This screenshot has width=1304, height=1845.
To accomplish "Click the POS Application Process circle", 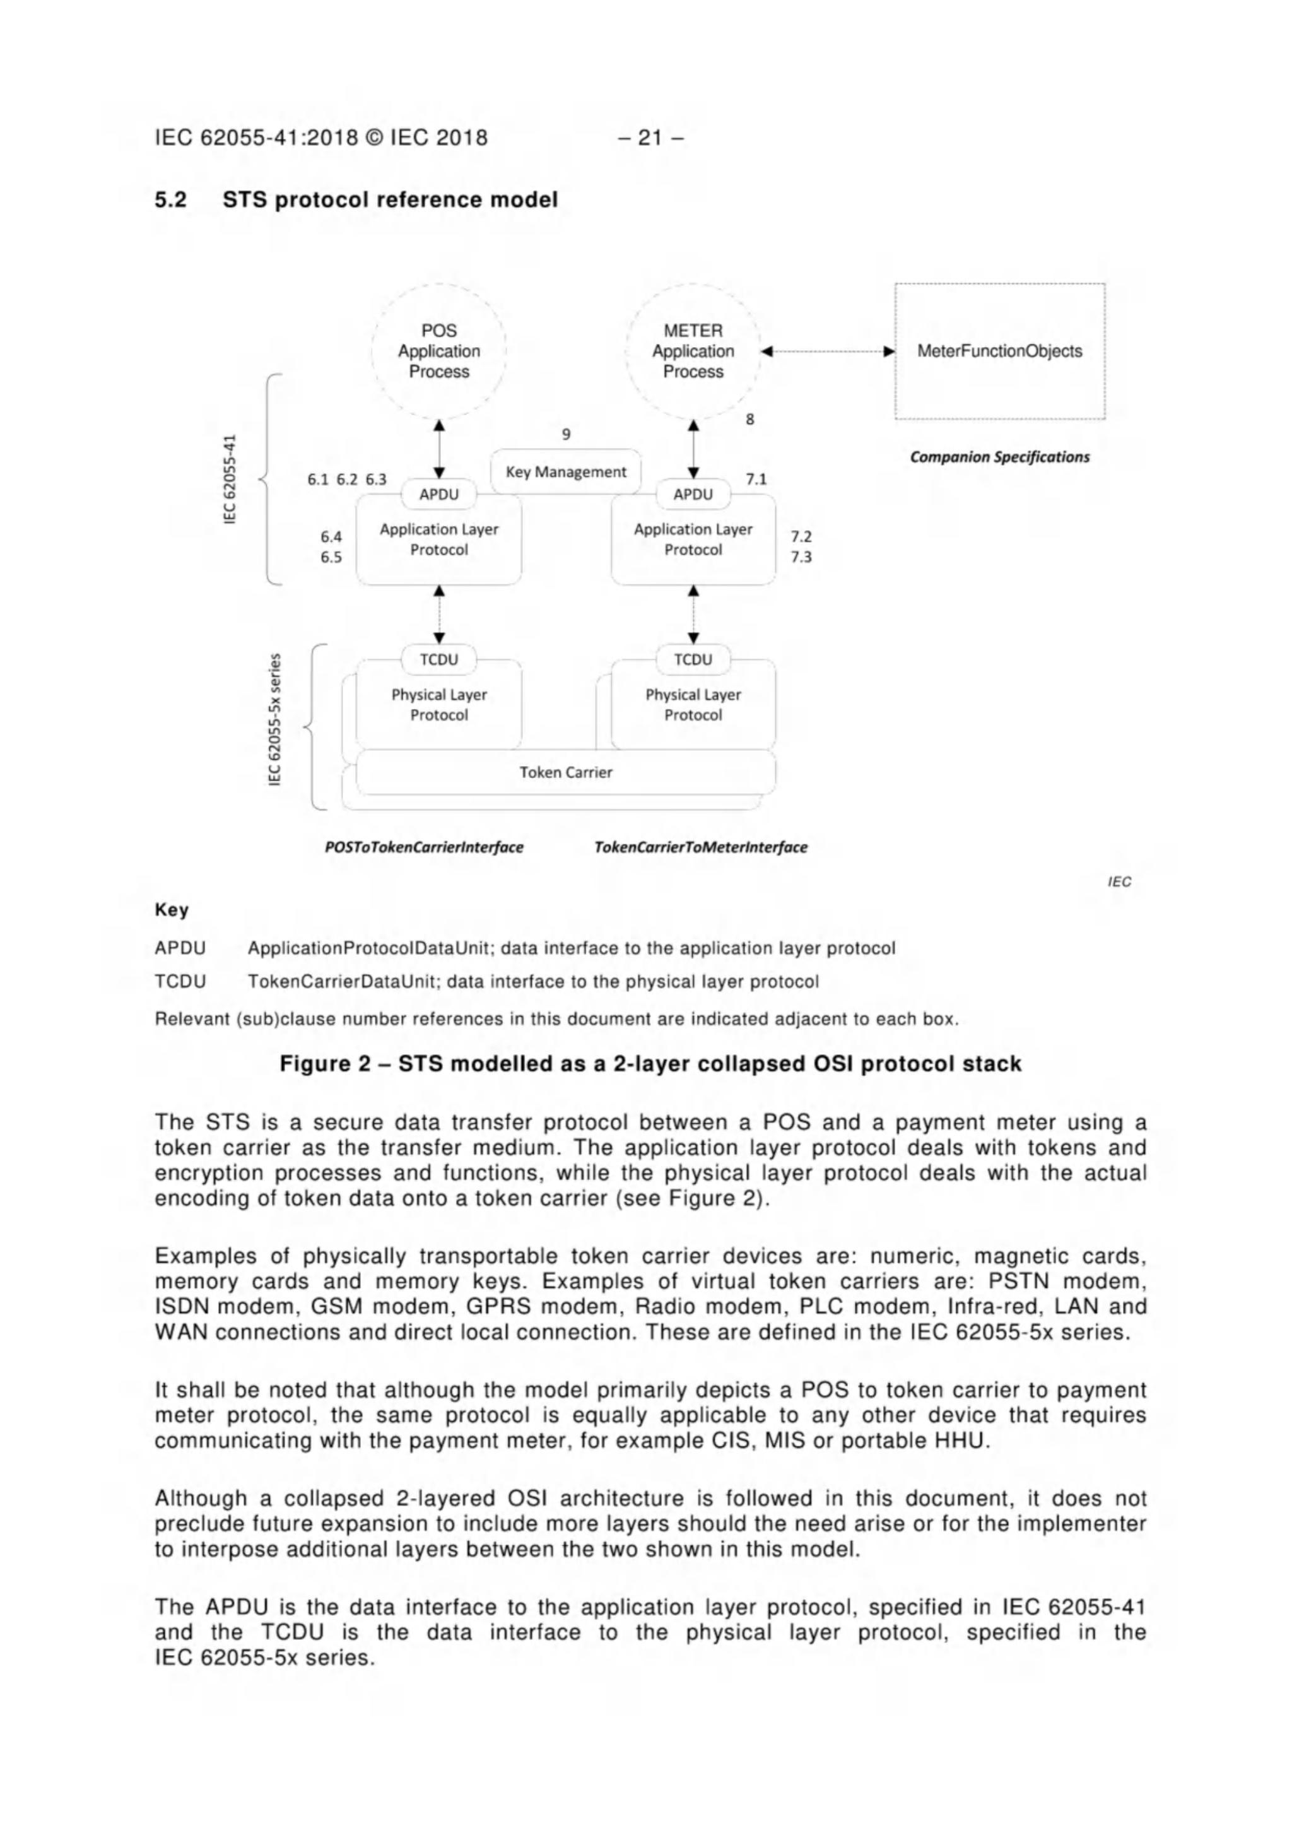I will coord(438,351).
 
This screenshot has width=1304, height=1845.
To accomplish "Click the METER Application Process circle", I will coord(693,351).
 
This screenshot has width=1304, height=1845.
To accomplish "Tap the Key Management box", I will coord(566,472).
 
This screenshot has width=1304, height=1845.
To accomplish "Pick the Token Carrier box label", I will coord(566,772).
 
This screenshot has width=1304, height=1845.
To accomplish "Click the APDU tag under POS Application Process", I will coord(438,494).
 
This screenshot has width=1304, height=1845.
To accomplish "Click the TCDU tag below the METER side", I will coord(693,660).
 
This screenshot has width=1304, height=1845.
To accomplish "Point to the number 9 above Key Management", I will coord(566,435).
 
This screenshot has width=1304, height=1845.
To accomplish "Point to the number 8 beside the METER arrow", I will coord(749,420).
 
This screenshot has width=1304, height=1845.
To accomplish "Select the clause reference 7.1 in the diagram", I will coord(756,480).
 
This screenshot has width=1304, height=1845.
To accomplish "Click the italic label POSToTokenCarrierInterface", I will coord(423,847).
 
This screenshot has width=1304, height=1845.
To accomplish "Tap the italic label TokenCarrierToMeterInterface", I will coord(701,847).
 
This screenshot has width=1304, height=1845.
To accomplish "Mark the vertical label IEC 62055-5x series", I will coord(275,719).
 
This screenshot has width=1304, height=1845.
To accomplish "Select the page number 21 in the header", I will coord(650,138).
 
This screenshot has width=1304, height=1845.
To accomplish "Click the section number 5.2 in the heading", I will coord(170,199).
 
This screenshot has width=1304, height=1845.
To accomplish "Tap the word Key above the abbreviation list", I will coord(171,910).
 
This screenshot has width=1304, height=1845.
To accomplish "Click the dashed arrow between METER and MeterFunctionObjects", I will coord(828,351).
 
